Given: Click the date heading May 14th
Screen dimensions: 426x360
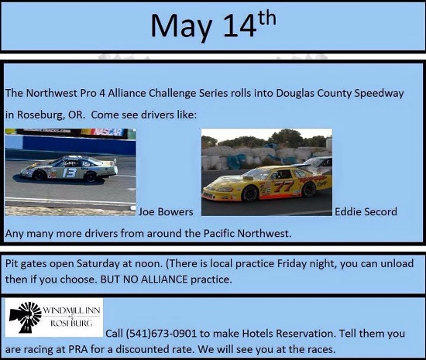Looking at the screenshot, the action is pyautogui.click(x=213, y=25).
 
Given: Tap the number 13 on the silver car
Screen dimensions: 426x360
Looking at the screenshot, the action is pyautogui.click(x=69, y=173).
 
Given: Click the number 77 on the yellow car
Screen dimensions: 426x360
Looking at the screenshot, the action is pyautogui.click(x=283, y=187).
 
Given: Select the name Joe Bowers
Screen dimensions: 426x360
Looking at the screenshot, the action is pyautogui.click(x=166, y=212).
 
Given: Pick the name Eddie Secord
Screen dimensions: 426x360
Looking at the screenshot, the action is pyautogui.click(x=366, y=212).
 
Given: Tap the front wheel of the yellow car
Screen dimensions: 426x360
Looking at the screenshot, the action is pyautogui.click(x=249, y=194).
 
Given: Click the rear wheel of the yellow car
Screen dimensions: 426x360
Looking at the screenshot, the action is pyautogui.click(x=308, y=190).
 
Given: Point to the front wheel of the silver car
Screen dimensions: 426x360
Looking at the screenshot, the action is pyautogui.click(x=40, y=175).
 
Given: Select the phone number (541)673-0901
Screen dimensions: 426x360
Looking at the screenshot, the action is pyautogui.click(x=161, y=334).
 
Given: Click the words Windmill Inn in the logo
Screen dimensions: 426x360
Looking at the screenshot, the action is pyautogui.click(x=71, y=310).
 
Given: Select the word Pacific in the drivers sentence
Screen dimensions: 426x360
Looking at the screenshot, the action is pyautogui.click(x=219, y=234).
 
